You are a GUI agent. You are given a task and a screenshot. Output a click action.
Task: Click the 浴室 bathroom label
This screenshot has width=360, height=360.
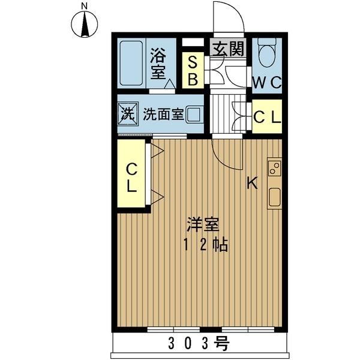pos(158,63)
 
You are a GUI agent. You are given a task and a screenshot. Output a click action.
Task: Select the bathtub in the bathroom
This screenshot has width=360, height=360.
pos(130,63)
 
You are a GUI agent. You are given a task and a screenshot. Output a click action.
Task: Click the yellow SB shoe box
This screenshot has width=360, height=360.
pos(193,70)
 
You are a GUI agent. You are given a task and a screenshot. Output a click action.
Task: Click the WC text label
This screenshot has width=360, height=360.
pos(266,83)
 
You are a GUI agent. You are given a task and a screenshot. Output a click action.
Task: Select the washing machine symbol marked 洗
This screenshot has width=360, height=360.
pos(127,113)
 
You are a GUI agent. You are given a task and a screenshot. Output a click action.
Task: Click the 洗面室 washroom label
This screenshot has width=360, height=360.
pos(163,114)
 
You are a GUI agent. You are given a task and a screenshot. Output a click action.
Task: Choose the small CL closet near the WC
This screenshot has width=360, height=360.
pos(266,118)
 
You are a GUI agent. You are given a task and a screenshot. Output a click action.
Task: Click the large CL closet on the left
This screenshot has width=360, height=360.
pos(132,178)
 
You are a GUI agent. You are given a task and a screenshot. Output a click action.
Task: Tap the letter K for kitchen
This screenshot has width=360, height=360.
pos(253,184)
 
